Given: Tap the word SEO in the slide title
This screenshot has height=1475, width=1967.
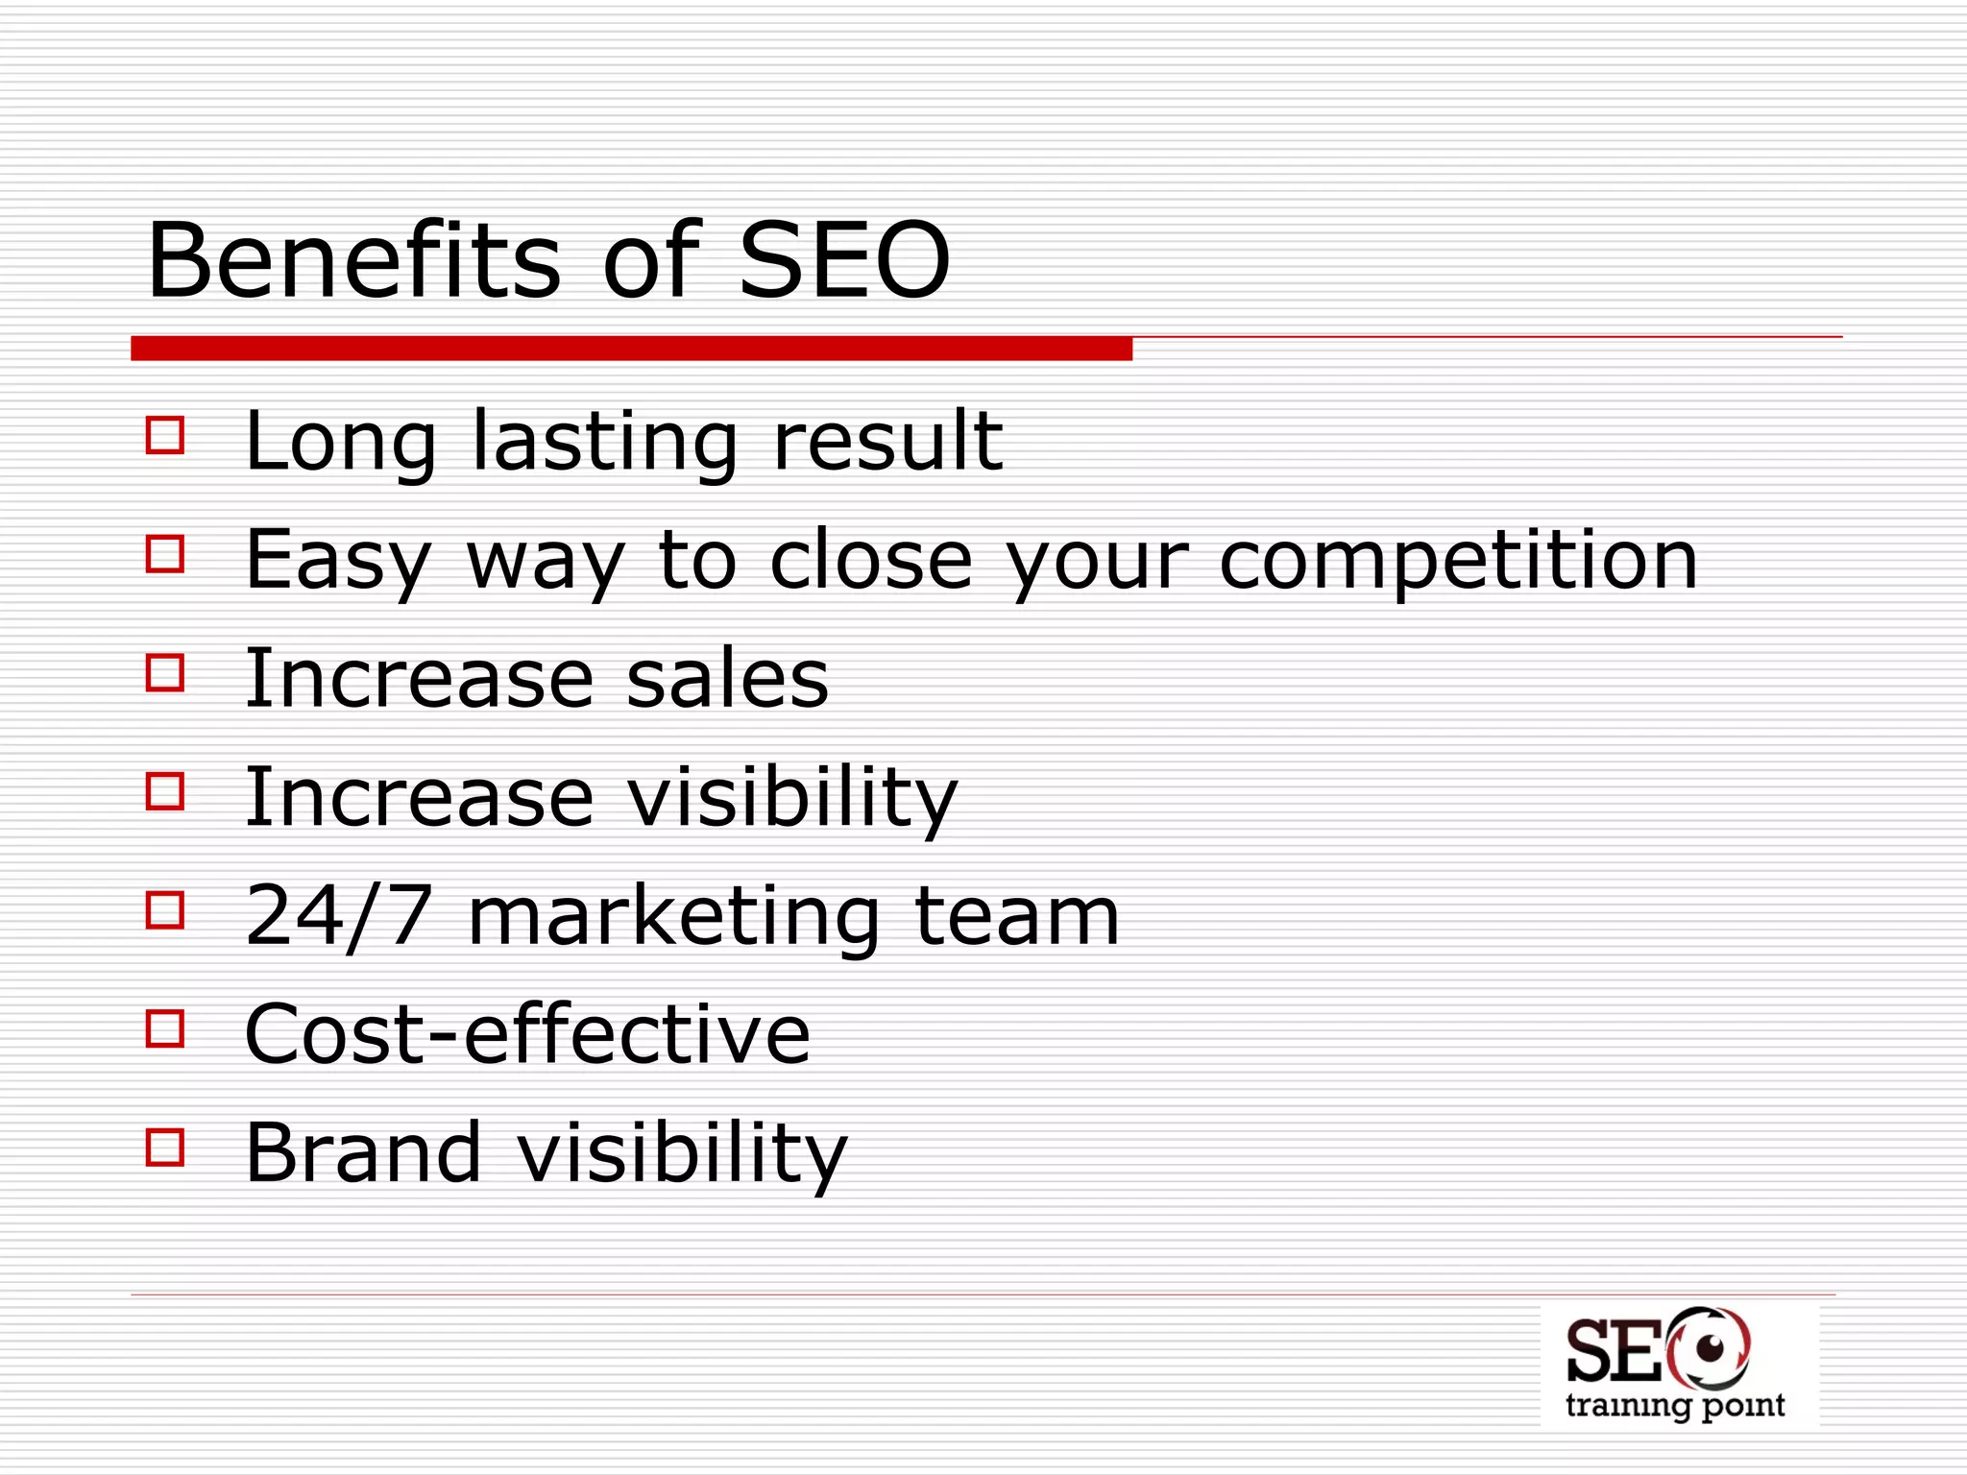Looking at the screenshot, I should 844,260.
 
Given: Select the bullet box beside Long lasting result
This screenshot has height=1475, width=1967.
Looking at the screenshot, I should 165,434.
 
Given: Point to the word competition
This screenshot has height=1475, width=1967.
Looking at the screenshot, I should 1458,560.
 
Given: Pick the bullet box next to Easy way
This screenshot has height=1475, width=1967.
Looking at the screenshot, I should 165,553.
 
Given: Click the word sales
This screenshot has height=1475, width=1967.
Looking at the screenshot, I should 727,678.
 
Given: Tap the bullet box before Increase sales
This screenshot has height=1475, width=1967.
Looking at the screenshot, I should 165,672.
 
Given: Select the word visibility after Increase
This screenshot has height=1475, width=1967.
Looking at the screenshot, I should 792,797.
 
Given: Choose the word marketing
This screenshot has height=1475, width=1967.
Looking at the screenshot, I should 673,918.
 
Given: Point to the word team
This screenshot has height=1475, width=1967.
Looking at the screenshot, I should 1017,916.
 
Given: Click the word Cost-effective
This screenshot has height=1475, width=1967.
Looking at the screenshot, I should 527,1034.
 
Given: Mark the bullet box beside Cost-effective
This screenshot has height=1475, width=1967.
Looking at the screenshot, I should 165,1028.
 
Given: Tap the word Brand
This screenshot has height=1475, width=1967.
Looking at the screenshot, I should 363,1152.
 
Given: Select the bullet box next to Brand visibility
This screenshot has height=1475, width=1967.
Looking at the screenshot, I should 165,1147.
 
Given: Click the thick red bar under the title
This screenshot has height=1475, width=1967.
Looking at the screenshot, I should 631,349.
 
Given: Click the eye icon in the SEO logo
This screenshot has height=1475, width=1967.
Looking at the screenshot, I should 1710,1349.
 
